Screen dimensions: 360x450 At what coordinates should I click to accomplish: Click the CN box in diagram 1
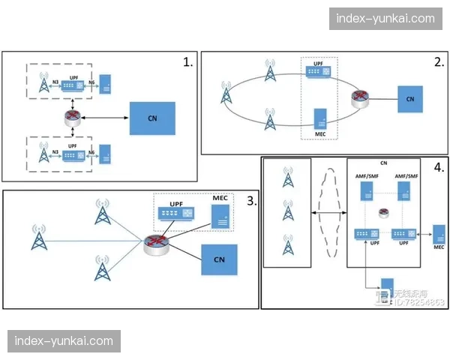[x=153, y=118]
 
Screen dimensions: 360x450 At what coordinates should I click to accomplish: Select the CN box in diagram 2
[x=409, y=97]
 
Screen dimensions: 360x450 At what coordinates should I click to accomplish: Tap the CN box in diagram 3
[x=219, y=259]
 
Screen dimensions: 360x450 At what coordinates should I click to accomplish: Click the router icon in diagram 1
[x=73, y=118]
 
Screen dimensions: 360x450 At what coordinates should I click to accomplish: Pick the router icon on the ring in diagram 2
[x=360, y=97]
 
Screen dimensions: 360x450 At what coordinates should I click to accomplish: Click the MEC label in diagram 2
[x=319, y=134]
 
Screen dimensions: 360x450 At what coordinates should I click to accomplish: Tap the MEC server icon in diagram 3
[x=220, y=217]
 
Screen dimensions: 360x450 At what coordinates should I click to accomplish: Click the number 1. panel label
[x=187, y=62]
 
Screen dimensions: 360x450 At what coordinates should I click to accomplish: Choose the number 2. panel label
[x=439, y=62]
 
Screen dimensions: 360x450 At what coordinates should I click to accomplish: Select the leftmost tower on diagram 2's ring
[x=226, y=95]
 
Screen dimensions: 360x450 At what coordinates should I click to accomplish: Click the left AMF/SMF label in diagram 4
[x=366, y=175]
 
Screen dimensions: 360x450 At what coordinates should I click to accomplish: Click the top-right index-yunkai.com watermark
[x=385, y=19]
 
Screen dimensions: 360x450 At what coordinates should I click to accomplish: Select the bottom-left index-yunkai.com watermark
[x=64, y=341]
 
